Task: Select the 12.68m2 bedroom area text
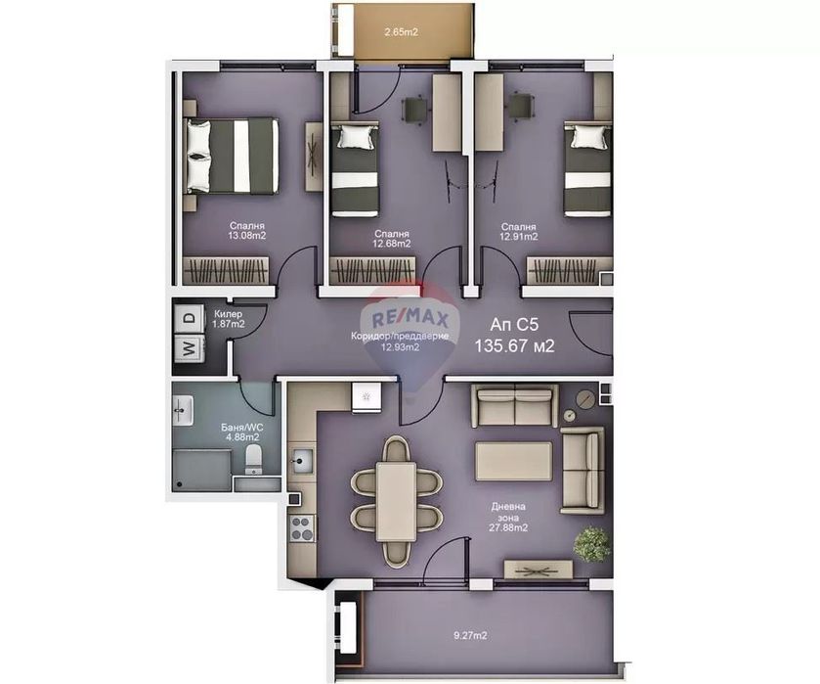point(391,244)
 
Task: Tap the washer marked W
point(187,346)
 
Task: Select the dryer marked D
point(187,318)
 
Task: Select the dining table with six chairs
point(396,500)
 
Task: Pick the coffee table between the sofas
point(513,461)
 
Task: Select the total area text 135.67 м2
point(514,345)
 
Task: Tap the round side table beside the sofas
point(584,398)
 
